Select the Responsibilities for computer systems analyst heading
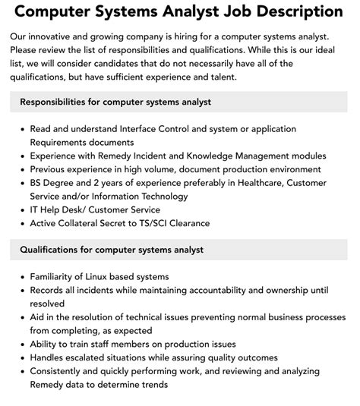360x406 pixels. [115, 102]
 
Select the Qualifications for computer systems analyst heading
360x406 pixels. [112, 250]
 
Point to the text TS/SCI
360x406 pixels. [182, 223]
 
